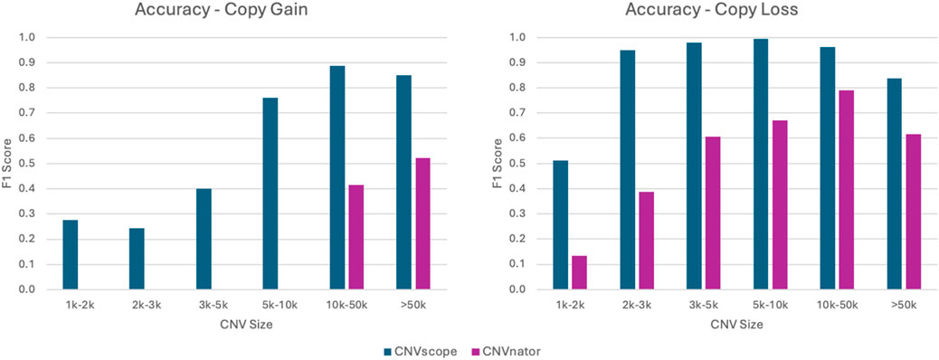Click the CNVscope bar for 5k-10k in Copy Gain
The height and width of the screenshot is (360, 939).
pyautogui.click(x=270, y=194)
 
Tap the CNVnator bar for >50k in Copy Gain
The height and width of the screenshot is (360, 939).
pyautogui.click(x=422, y=224)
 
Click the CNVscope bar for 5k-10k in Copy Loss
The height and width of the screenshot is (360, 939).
pyautogui.click(x=761, y=164)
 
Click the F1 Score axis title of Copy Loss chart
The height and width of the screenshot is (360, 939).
pyautogui.click(x=497, y=164)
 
